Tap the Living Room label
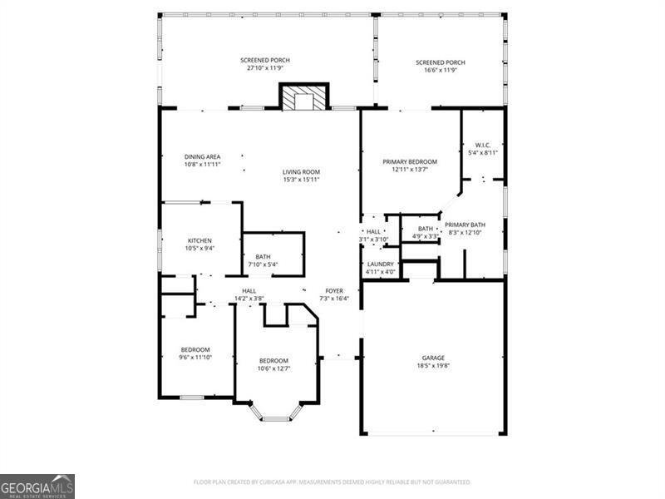(x=301, y=172)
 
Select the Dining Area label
(x=202, y=156)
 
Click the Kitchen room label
(x=199, y=240)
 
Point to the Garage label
(x=432, y=358)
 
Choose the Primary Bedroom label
(x=409, y=162)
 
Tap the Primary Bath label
(x=465, y=225)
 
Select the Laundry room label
(x=380, y=264)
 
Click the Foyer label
(x=334, y=291)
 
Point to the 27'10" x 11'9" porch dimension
(x=264, y=69)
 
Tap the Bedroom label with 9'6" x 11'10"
(x=195, y=349)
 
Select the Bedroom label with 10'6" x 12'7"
(x=273, y=361)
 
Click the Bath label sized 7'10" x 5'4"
(x=263, y=257)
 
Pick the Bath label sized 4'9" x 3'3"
(x=426, y=229)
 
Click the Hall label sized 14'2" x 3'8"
(x=249, y=291)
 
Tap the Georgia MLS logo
(x=37, y=486)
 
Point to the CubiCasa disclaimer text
(x=332, y=482)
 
